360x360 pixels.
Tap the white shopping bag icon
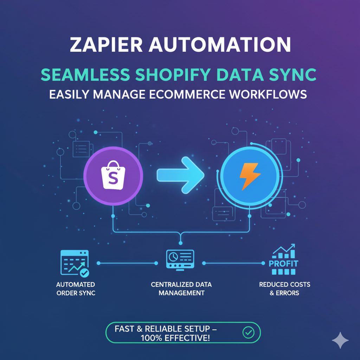pos(113,175)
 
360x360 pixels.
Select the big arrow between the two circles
pos(180,175)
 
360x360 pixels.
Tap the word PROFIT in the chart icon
pos(283,263)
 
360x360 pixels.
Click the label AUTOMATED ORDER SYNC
pos(76,288)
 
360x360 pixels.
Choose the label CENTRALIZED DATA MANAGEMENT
pos(181,288)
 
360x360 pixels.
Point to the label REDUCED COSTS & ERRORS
pos(284,288)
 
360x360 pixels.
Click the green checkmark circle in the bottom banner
pos(249,332)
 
